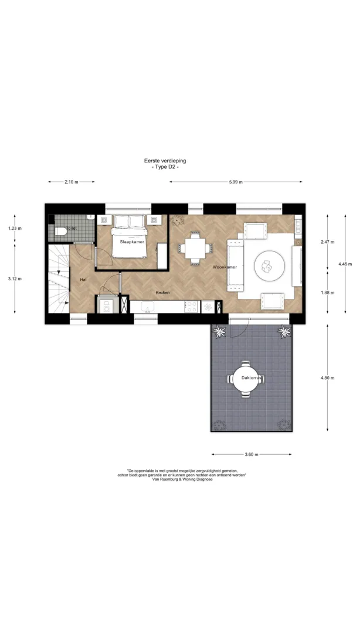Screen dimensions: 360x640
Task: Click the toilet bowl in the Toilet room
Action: (x=60, y=232)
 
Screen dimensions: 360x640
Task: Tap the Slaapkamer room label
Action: (x=130, y=241)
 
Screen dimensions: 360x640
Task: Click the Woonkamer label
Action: (x=225, y=267)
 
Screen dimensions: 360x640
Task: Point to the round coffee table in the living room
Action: (x=269, y=267)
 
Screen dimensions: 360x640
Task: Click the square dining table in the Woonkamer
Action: (x=196, y=248)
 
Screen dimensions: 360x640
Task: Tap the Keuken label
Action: (x=162, y=292)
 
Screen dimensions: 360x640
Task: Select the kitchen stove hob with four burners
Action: (x=191, y=307)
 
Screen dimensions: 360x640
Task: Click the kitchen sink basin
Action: (x=148, y=306)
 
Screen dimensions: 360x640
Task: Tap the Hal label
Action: (x=83, y=279)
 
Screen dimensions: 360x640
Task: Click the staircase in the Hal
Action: (x=59, y=279)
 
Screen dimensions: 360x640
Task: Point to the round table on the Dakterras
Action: (x=245, y=379)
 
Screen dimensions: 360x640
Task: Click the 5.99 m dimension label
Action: (x=236, y=182)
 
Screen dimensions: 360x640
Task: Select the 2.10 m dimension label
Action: (x=72, y=182)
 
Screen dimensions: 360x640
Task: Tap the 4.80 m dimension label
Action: (x=327, y=378)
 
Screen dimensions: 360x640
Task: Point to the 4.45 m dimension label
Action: (x=345, y=264)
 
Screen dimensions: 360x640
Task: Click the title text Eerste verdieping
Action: (x=165, y=161)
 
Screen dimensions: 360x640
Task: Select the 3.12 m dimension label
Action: (x=15, y=279)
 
